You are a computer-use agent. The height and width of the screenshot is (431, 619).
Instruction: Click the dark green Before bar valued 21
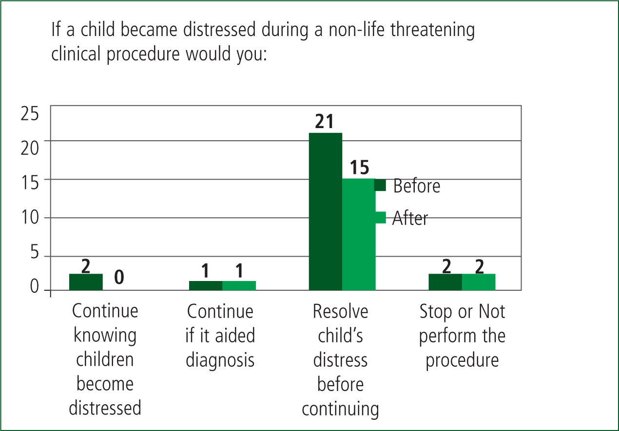(326, 211)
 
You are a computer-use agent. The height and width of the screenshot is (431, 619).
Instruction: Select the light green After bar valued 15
(359, 234)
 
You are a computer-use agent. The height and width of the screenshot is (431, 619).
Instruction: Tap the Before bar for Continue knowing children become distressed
(86, 282)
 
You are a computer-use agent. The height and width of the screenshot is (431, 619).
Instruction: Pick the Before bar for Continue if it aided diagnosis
(206, 285)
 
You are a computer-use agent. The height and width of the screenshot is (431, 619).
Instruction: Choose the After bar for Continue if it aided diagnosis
(239, 285)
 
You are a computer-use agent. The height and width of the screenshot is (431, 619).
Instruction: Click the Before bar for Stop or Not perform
(445, 282)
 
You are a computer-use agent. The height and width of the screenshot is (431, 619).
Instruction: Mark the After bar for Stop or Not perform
(479, 282)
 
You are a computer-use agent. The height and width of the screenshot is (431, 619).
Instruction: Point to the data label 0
(119, 277)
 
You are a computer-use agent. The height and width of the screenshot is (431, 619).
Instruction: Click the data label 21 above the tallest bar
(325, 121)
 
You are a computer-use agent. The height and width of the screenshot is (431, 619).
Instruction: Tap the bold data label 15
(360, 168)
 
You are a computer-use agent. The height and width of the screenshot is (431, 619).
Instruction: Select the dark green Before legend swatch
(380, 185)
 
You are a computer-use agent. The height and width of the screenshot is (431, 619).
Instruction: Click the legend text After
(410, 218)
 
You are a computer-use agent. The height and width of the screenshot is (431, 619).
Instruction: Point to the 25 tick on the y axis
(30, 113)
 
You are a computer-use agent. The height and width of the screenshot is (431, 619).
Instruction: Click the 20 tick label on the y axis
(30, 148)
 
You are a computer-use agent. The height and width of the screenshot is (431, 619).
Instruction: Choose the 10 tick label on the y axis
(30, 217)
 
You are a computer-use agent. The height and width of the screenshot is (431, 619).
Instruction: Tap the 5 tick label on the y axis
(35, 252)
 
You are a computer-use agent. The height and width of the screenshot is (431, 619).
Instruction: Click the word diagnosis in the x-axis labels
(220, 361)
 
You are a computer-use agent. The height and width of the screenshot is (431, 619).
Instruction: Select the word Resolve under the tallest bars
(340, 312)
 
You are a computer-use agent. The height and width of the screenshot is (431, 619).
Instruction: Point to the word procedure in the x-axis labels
(462, 361)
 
